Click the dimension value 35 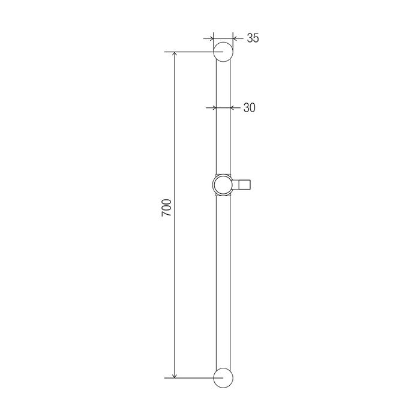coord(253,38)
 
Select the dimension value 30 coord(250,107)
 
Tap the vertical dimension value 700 coord(166,208)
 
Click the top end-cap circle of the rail coord(223,42)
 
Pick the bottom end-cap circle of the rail coord(223,368)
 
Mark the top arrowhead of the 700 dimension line coord(175,54)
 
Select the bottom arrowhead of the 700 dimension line coord(175,376)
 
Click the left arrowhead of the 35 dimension coord(211,39)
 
